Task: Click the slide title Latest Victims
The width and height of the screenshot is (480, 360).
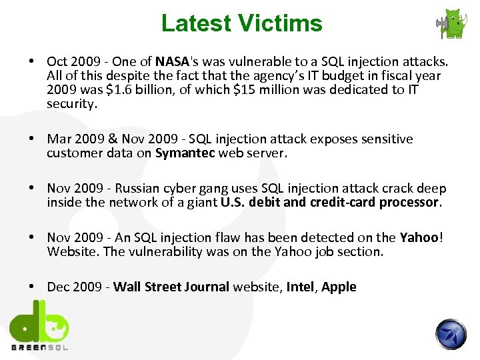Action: pyautogui.click(x=241, y=23)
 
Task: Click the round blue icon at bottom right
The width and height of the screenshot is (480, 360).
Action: pyautogui.click(x=451, y=334)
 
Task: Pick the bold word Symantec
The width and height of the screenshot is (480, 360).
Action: pyautogui.click(x=185, y=153)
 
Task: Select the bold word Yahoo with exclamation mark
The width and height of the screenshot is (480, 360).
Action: pyautogui.click(x=420, y=238)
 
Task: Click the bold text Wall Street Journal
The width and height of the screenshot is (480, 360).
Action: pyautogui.click(x=171, y=287)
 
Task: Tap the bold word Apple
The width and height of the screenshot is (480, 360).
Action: pyautogui.click(x=339, y=287)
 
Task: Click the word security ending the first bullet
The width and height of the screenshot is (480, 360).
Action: pyautogui.click(x=72, y=104)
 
